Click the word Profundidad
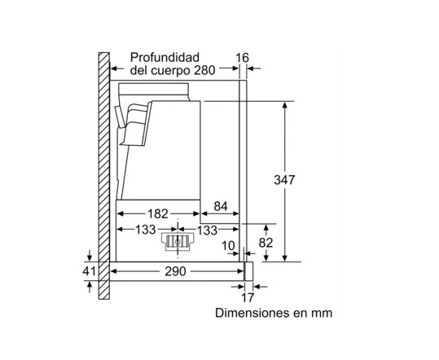(165, 57)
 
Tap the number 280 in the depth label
(204, 70)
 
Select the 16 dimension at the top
(242, 58)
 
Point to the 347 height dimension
(284, 180)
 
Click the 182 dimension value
(158, 214)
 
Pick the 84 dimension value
(221, 206)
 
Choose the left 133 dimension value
(145, 230)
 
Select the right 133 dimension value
(207, 230)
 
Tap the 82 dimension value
(266, 243)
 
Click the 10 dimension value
(228, 246)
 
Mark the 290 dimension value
(175, 271)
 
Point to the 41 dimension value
(89, 271)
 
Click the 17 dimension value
(248, 297)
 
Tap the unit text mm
(323, 314)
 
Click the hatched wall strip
(104, 176)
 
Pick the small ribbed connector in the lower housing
(178, 242)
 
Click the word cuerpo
(171, 71)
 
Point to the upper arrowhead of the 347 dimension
(285, 105)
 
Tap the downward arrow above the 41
(90, 255)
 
